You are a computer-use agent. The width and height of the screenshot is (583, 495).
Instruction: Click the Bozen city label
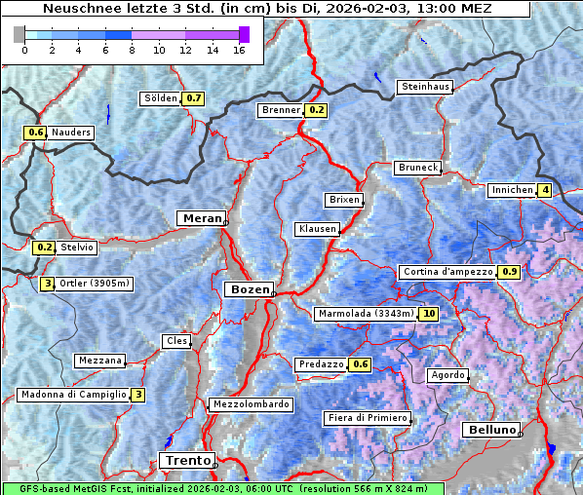[x=248, y=289]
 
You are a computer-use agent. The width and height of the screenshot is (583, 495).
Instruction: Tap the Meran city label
[x=200, y=218]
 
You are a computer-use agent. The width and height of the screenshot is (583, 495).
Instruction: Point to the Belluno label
[x=490, y=430]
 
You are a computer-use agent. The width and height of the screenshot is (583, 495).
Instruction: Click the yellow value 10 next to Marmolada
[x=429, y=314]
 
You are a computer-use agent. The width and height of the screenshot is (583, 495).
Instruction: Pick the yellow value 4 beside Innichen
[x=545, y=190]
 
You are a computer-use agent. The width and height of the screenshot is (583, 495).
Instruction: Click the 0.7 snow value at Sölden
[x=194, y=98]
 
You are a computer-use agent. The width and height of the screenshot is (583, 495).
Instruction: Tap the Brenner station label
[x=282, y=110]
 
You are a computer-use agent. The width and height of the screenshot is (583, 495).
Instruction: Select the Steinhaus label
[x=426, y=87]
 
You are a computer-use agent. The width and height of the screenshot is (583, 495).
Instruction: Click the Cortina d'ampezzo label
[x=447, y=272]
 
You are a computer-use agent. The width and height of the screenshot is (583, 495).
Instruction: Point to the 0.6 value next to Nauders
[x=36, y=133]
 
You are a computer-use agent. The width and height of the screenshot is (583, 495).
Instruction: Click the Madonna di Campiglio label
[x=73, y=395]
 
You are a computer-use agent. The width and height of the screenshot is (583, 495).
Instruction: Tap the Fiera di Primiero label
[x=368, y=418]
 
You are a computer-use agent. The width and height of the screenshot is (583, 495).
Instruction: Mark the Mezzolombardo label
[x=250, y=404]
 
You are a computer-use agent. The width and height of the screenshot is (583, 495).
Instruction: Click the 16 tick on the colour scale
[x=239, y=50]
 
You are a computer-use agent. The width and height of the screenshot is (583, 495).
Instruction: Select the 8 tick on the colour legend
[x=132, y=50]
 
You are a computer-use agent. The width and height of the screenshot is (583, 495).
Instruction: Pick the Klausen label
[x=317, y=229]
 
